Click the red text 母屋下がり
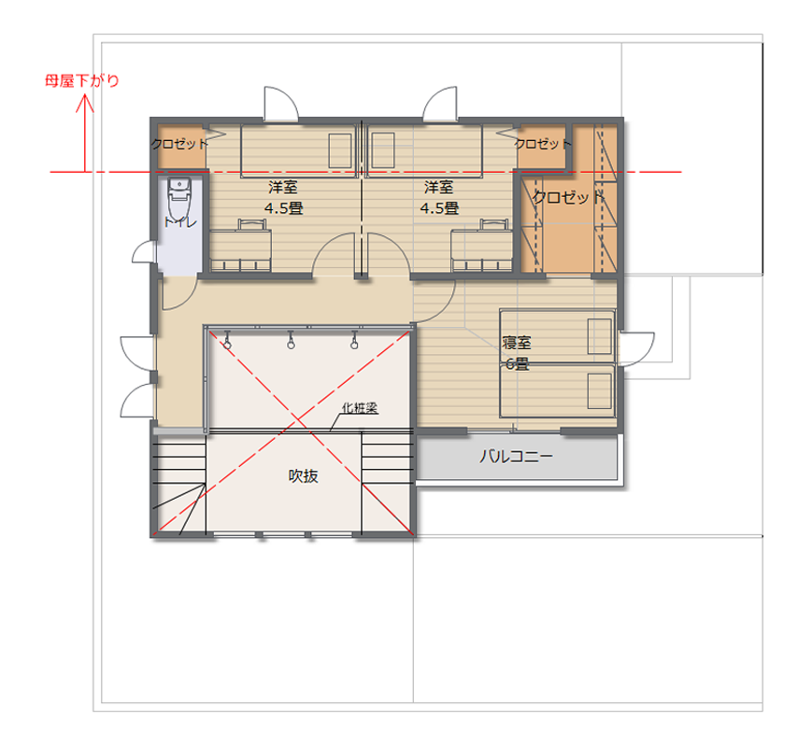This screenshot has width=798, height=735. tap(82, 81)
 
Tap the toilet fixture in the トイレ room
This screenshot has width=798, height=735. tap(179, 199)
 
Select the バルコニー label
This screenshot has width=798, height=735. tap(516, 456)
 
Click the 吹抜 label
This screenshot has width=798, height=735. tap(304, 476)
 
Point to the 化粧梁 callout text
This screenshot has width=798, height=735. tap(360, 408)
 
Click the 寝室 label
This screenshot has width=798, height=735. tap(517, 343)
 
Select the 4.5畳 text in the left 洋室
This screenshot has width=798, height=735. tap(283, 208)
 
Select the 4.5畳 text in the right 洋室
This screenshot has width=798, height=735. tap(439, 208)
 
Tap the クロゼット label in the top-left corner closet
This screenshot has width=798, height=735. tap(179, 144)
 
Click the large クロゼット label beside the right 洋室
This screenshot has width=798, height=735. tap(568, 197)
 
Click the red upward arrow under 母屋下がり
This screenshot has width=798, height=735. tap(84, 134)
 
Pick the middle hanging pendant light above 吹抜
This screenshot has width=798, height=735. tap(291, 340)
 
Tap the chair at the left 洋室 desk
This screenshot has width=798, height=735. tap(252, 225)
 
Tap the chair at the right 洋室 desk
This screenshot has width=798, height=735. tap(494, 225)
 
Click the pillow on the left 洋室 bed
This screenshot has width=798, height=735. tap(340, 150)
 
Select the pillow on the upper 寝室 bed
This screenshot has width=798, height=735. tap(600, 336)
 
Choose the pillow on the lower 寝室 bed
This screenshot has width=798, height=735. tap(600, 391)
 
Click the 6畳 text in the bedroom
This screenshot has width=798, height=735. tap(517, 364)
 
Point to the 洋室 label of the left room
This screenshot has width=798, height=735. tap(283, 187)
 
